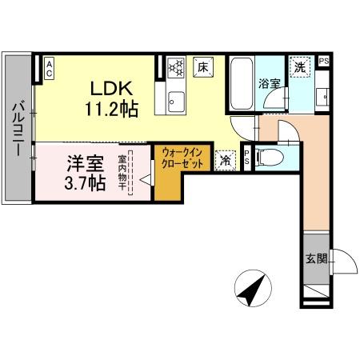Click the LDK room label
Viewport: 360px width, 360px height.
111,89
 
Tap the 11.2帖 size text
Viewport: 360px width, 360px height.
111,109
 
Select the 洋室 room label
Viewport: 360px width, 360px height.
86,163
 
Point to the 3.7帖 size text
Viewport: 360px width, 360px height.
85,182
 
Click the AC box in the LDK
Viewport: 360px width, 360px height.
49,69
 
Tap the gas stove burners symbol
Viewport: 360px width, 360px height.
176,66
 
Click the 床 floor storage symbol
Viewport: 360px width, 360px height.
203,67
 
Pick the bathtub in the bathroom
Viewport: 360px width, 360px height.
242,84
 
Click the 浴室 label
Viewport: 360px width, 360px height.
270,84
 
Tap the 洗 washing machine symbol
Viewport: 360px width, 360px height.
300,67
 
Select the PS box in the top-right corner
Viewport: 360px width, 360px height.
324,61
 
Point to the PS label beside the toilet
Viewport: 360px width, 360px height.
247,158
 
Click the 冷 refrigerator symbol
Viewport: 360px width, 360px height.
226,160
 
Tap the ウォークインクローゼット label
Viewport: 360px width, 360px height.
182,158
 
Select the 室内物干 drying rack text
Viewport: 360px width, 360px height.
122,173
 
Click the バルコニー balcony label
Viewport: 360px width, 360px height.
18,130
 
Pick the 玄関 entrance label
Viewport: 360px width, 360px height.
317,258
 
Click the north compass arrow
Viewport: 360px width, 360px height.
253,289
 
